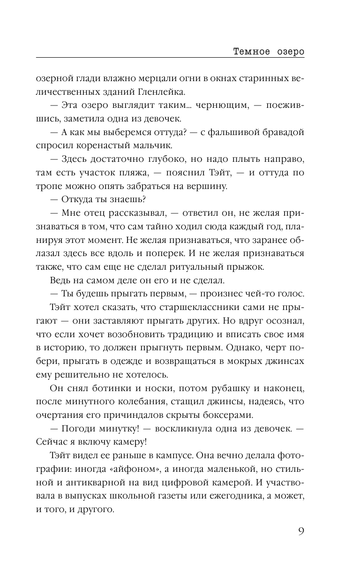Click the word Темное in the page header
252,52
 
